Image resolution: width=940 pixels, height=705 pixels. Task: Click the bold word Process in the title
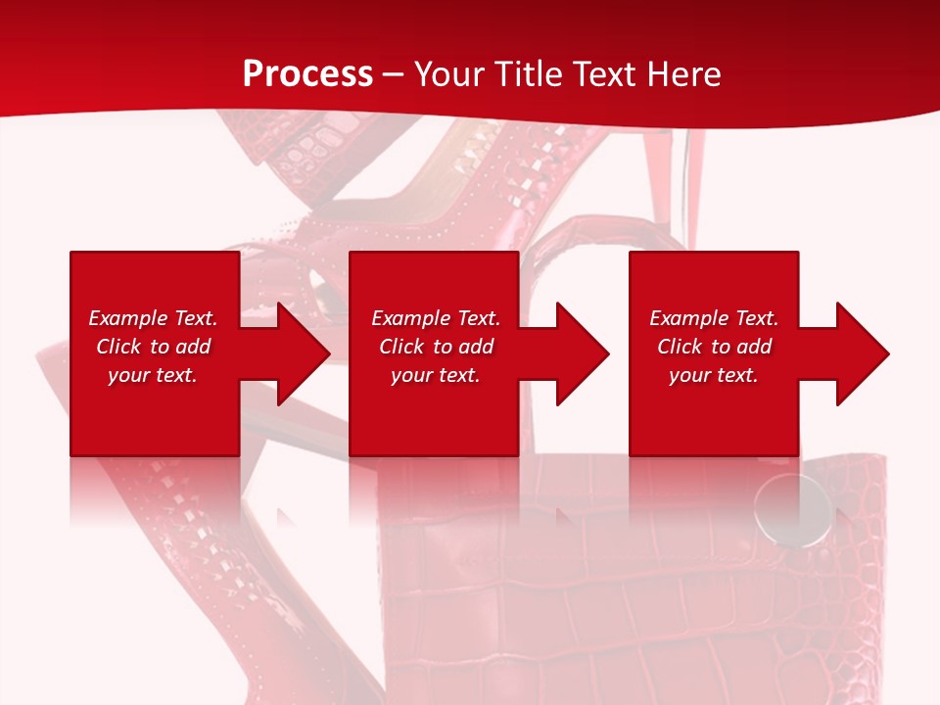[x=307, y=73]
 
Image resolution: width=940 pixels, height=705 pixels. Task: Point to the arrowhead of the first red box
[x=299, y=353]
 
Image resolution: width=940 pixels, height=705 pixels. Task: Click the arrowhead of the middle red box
[x=579, y=353]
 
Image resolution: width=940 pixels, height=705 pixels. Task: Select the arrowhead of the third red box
[x=859, y=353]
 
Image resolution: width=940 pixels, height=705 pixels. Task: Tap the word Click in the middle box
[x=400, y=347]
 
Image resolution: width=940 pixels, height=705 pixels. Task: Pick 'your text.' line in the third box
[x=713, y=375]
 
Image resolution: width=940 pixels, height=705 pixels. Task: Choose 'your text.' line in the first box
[x=153, y=375]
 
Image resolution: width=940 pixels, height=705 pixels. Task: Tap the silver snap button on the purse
[x=792, y=509]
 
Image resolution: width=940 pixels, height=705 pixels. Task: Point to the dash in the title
[x=393, y=75]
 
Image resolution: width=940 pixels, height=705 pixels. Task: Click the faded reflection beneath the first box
[x=154, y=490]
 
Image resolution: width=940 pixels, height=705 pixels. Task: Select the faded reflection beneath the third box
[x=713, y=490]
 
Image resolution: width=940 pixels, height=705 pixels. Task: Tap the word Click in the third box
[x=679, y=347]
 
